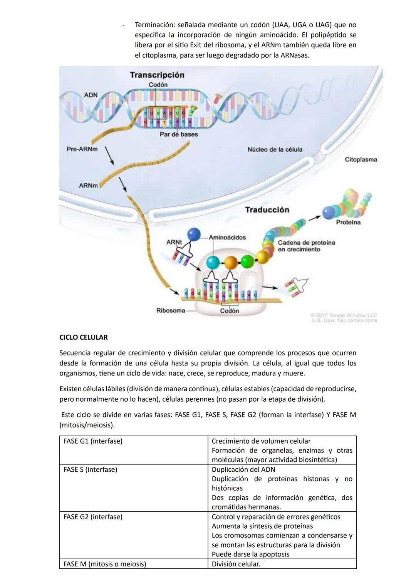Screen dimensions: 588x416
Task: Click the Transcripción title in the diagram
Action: click(157, 75)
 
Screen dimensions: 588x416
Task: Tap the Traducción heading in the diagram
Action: click(267, 210)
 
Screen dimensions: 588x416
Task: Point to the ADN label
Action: click(91, 95)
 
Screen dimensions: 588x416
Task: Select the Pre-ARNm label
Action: click(82, 149)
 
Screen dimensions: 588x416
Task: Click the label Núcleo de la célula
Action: click(275, 149)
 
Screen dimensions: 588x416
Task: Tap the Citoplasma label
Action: click(361, 159)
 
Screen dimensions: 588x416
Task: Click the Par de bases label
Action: click(179, 134)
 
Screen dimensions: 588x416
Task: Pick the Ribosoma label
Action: click(170, 310)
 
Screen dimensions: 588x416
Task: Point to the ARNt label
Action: click(174, 242)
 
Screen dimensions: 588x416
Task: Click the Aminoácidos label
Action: click(227, 238)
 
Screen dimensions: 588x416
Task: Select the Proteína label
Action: click(348, 222)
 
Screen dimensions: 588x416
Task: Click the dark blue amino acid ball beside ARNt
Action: click(194, 234)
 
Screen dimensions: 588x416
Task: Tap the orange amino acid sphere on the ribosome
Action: click(231, 263)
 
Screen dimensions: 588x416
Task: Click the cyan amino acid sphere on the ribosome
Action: click(212, 263)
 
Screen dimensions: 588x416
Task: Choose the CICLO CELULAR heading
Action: click(84, 337)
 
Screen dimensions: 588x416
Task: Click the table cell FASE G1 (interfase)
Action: click(93, 441)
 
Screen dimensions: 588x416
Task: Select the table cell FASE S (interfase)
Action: click(90, 470)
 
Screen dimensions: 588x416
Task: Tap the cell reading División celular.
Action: click(236, 564)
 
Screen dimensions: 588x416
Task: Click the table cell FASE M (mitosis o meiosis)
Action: click(105, 564)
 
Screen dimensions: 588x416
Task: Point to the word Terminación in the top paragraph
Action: click(154, 25)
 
